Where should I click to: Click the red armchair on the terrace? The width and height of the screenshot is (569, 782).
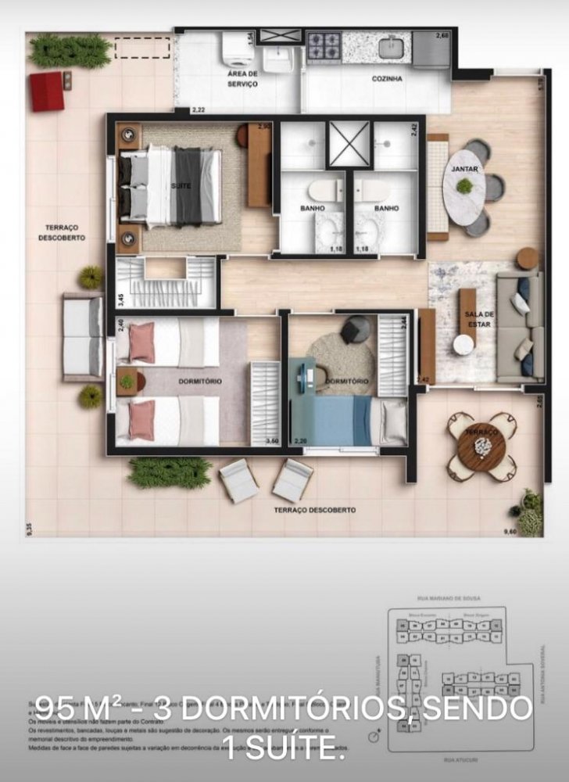tap(47, 91)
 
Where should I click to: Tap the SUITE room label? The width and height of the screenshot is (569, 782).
tap(179, 185)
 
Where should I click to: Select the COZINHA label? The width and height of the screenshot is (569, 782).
tap(387, 79)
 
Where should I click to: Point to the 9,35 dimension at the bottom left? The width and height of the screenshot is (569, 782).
tap(29, 529)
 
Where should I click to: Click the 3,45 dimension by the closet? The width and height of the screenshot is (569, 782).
tap(120, 298)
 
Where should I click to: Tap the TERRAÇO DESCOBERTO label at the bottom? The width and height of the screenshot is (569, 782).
tap(314, 510)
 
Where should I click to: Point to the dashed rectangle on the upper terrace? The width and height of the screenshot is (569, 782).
tap(143, 48)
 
